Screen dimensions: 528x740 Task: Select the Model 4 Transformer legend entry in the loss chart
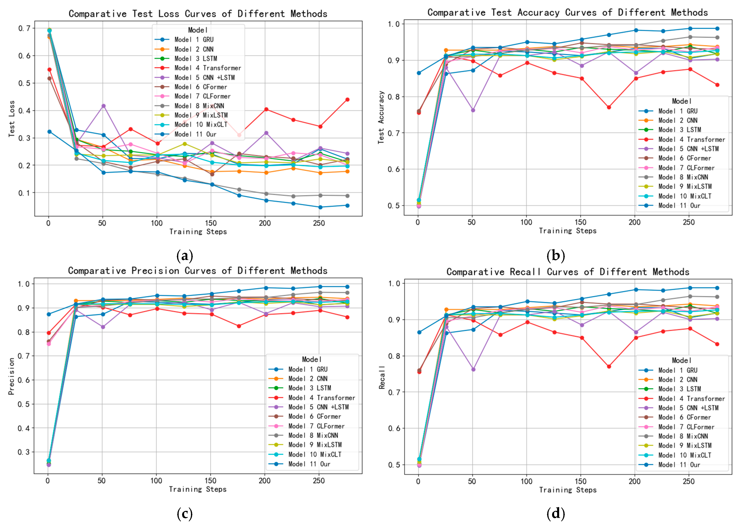coord(207,68)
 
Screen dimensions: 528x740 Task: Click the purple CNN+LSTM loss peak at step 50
coord(103,106)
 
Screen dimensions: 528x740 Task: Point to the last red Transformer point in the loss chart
coord(347,99)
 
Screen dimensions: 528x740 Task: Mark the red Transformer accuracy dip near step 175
coord(609,107)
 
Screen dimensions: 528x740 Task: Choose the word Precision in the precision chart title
coord(155,271)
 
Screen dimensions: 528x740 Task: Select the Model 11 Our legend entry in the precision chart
coord(309,464)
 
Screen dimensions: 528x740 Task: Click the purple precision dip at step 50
coord(103,327)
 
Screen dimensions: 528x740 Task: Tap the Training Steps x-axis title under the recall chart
coord(568,490)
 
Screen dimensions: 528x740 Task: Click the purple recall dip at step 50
coord(473,369)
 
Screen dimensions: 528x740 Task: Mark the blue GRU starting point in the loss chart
coord(49,132)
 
